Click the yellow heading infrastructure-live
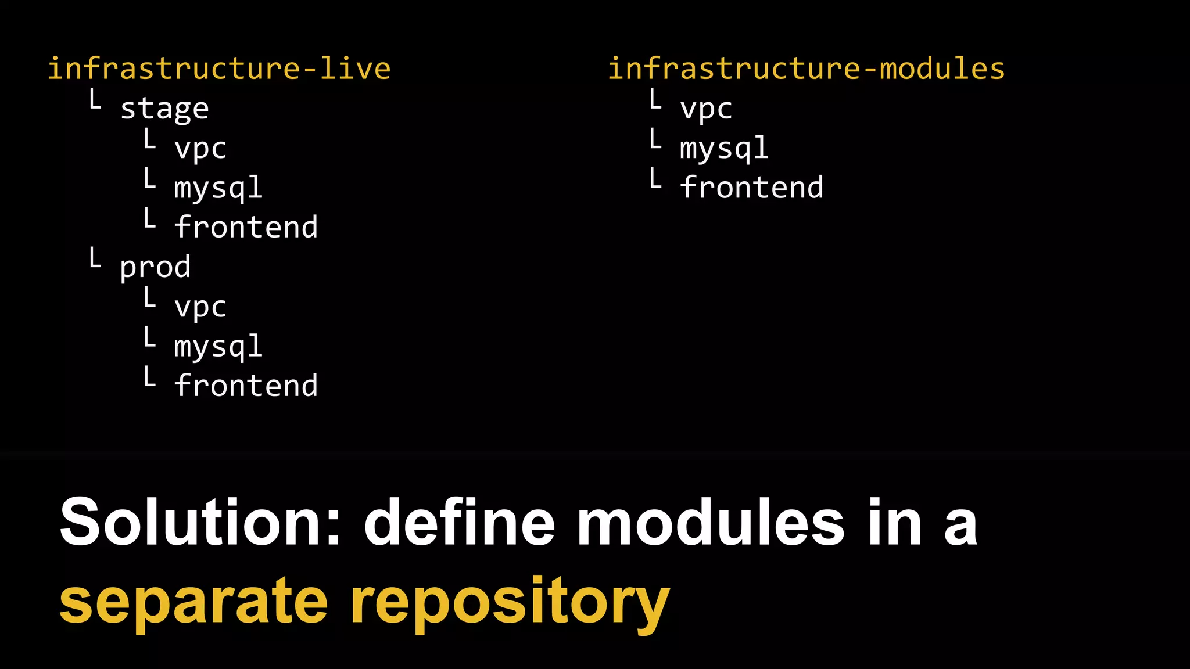(x=218, y=69)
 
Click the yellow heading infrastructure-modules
(x=806, y=69)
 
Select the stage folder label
(x=164, y=109)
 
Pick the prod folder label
(x=155, y=267)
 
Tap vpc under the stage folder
(x=200, y=148)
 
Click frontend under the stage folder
(x=246, y=226)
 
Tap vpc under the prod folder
(x=200, y=307)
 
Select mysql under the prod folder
(x=218, y=347)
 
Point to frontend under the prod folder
(x=246, y=386)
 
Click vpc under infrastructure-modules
(x=706, y=109)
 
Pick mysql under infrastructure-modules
(x=725, y=148)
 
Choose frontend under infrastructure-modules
(x=752, y=188)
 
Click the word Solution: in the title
(x=200, y=521)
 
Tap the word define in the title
(x=460, y=521)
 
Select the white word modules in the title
(x=711, y=521)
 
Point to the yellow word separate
(x=193, y=602)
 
